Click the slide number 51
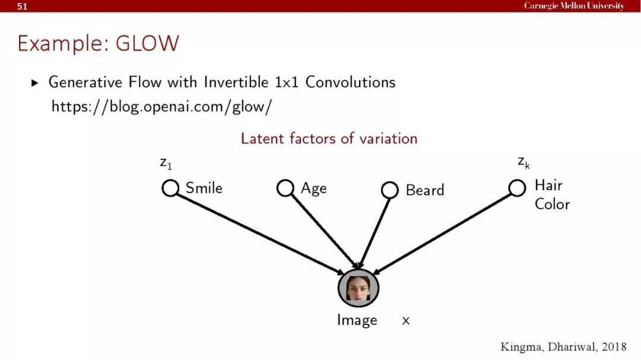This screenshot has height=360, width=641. [22, 6]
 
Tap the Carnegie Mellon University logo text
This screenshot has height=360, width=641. [574, 6]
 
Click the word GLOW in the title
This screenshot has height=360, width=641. [147, 43]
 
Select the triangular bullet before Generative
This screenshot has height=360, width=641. [35, 83]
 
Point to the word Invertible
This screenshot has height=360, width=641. [236, 82]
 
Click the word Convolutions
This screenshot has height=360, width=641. [350, 82]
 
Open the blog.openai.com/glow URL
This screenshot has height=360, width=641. [161, 107]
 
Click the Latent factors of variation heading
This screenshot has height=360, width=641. [329, 139]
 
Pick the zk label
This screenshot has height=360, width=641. [523, 163]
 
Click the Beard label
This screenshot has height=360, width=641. [425, 190]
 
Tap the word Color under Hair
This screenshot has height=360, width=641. [553, 204]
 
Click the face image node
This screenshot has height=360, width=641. [358, 288]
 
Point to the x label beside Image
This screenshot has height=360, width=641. [405, 320]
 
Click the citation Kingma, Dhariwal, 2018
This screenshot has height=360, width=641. [563, 347]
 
